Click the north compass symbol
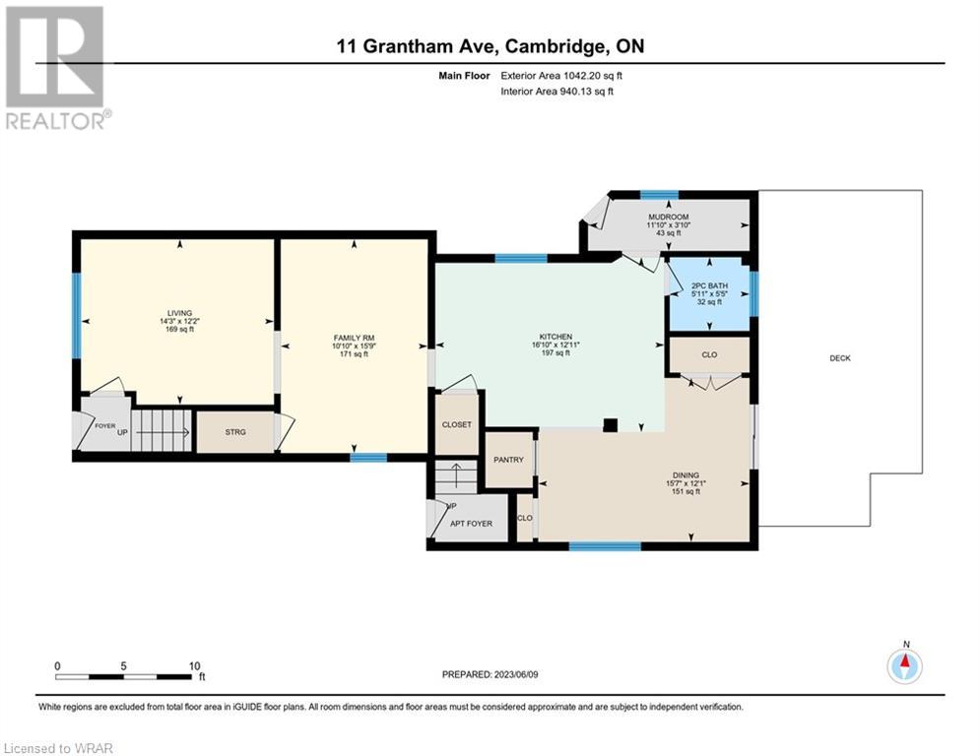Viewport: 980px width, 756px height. tap(905, 666)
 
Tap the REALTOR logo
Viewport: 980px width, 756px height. tap(56, 68)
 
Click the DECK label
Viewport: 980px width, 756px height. tap(840, 358)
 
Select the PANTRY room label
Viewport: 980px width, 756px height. tap(509, 460)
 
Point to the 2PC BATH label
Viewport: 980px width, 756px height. tap(709, 285)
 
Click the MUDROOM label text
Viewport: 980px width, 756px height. tap(669, 217)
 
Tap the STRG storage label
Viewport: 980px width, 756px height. tap(235, 432)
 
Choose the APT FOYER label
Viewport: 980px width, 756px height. tap(471, 524)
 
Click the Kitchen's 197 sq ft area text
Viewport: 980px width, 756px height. tap(555, 353)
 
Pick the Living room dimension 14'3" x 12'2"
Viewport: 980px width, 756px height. tap(179, 321)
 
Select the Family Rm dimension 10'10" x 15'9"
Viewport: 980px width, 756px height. tap(354, 346)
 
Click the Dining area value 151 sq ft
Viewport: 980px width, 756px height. tap(686, 492)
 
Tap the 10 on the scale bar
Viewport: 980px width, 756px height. tap(194, 666)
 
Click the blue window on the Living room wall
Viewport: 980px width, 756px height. tap(76, 315)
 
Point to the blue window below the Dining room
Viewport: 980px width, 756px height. tap(605, 546)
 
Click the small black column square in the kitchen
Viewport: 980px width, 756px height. tap(610, 425)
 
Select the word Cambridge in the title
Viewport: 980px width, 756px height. tap(555, 47)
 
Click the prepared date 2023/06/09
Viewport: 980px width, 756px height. tap(516, 674)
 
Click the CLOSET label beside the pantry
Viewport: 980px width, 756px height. tap(457, 425)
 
